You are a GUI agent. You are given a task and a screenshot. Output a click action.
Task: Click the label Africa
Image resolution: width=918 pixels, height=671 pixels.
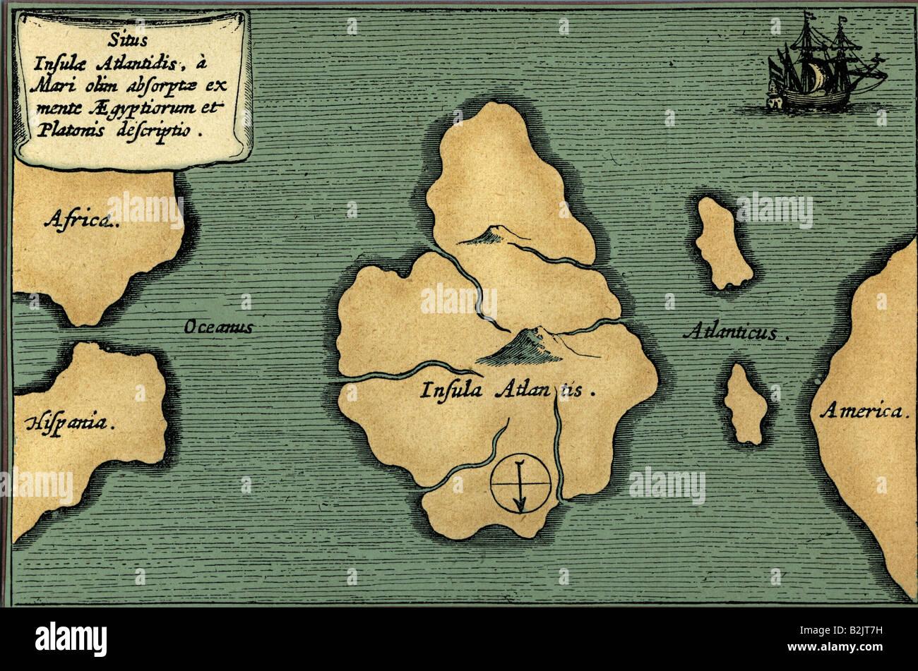coord(81,220)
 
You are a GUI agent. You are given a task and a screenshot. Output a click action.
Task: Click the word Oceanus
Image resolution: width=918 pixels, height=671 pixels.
coord(218,327)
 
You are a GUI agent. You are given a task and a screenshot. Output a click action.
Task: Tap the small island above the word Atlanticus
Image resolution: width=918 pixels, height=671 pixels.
coord(722,243)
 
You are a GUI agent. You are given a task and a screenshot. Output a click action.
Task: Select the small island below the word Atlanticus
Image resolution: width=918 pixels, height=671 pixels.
coord(745,404)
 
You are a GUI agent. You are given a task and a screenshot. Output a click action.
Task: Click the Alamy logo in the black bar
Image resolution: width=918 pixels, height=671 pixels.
coord(71,639)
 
